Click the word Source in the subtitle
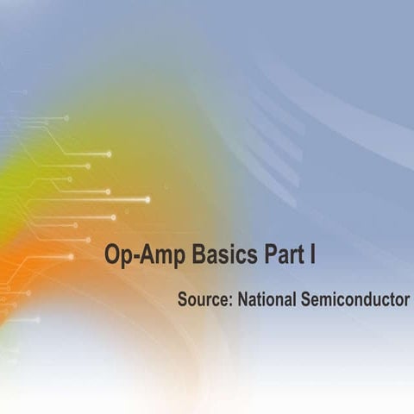[x=204, y=300]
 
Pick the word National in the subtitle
[x=266, y=300]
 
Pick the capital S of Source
[x=182, y=300]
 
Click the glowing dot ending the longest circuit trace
[x=147, y=199]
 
